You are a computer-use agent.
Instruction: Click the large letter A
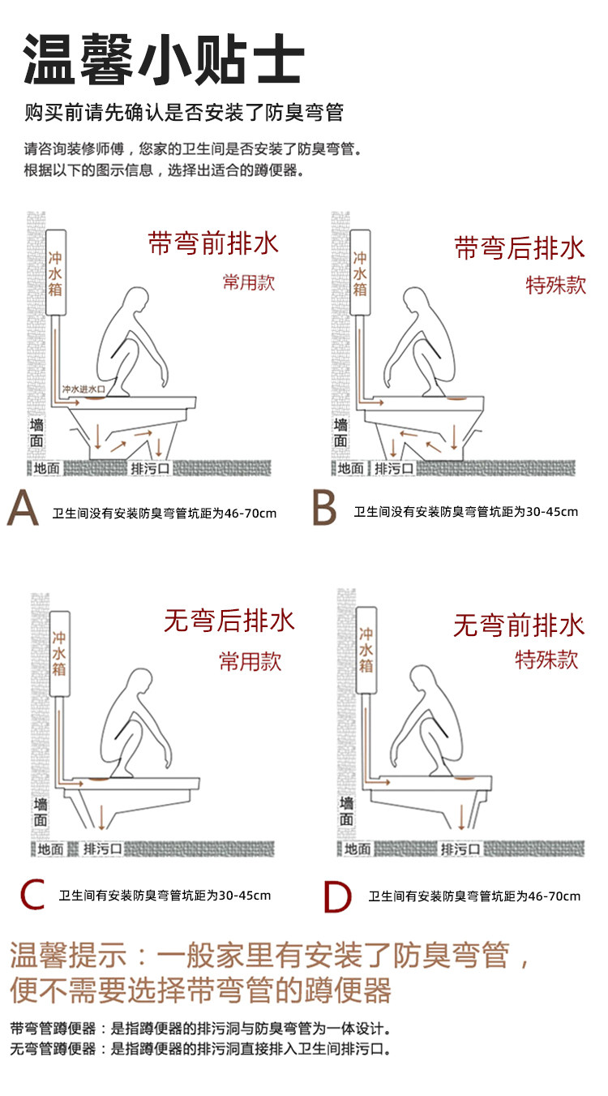(x=23, y=509)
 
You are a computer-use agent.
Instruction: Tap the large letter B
(x=324, y=509)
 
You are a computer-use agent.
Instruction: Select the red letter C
(x=32, y=895)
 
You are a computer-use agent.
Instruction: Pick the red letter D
(x=337, y=896)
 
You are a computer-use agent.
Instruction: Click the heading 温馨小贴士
(x=164, y=59)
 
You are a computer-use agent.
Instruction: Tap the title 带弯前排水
(x=213, y=243)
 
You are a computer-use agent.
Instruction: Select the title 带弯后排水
(x=519, y=247)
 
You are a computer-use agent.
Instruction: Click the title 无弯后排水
(x=229, y=621)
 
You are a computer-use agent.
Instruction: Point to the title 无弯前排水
(x=519, y=625)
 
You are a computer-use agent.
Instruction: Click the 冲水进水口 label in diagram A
(x=83, y=389)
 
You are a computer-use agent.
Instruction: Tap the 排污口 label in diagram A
(x=150, y=468)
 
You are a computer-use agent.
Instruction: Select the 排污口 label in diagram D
(x=460, y=849)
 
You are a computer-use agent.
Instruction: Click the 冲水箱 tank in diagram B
(x=360, y=273)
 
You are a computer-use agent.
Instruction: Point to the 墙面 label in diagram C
(x=41, y=812)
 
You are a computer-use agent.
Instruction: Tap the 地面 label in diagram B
(x=351, y=468)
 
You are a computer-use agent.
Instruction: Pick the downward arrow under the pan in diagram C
(x=101, y=817)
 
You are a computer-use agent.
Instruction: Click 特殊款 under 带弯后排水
(x=555, y=285)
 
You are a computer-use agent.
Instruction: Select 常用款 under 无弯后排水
(x=250, y=661)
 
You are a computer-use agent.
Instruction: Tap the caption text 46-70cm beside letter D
(x=554, y=896)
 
